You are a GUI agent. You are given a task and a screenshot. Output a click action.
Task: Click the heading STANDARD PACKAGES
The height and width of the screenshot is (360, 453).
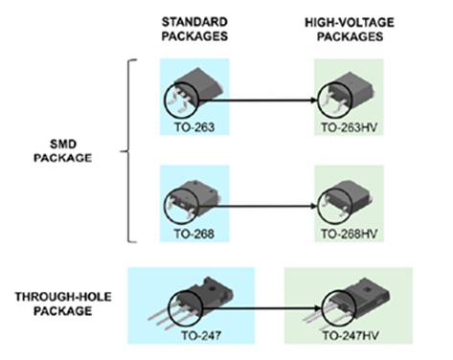pyautogui.click(x=194, y=27)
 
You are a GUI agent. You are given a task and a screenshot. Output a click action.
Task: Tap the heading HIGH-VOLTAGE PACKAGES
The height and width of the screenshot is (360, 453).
pyautogui.click(x=351, y=27)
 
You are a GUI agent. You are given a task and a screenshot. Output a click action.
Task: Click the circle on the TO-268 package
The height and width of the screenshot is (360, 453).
pyautogui.click(x=179, y=203)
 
